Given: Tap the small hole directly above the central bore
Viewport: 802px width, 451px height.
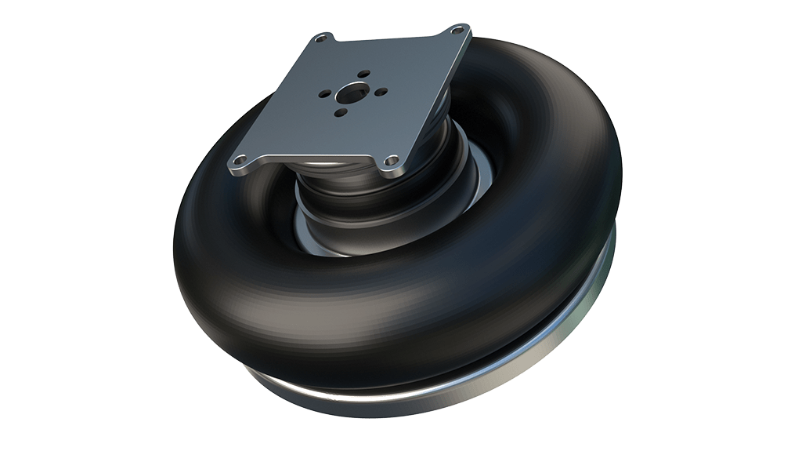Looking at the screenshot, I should [362, 74].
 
